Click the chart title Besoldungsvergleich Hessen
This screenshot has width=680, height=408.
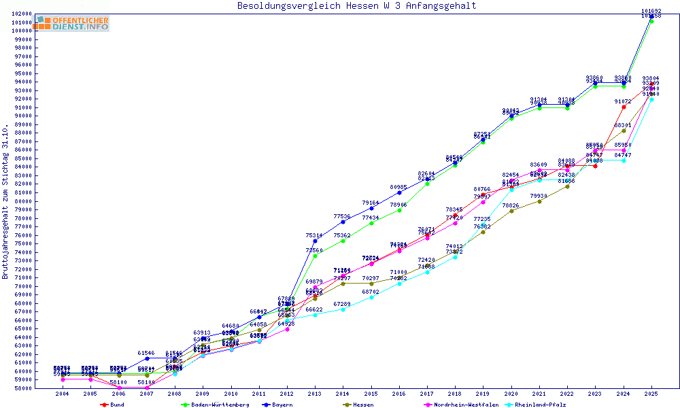point(356,6)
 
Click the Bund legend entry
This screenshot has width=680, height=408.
point(117,405)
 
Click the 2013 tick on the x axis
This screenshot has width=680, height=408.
point(314,394)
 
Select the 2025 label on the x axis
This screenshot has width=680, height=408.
point(651,394)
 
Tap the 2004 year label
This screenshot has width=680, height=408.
point(62,394)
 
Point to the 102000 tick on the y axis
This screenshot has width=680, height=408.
point(22,14)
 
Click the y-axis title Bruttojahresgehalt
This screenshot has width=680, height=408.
point(6,202)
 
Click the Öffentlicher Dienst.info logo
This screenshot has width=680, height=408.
point(72,23)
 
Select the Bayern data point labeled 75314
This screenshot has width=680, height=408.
point(314,241)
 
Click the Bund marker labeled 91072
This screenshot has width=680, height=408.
point(624,107)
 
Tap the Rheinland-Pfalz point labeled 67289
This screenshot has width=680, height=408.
point(343,309)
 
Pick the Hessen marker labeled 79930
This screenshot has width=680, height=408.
point(539,201)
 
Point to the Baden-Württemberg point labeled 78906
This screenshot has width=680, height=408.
point(399,210)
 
